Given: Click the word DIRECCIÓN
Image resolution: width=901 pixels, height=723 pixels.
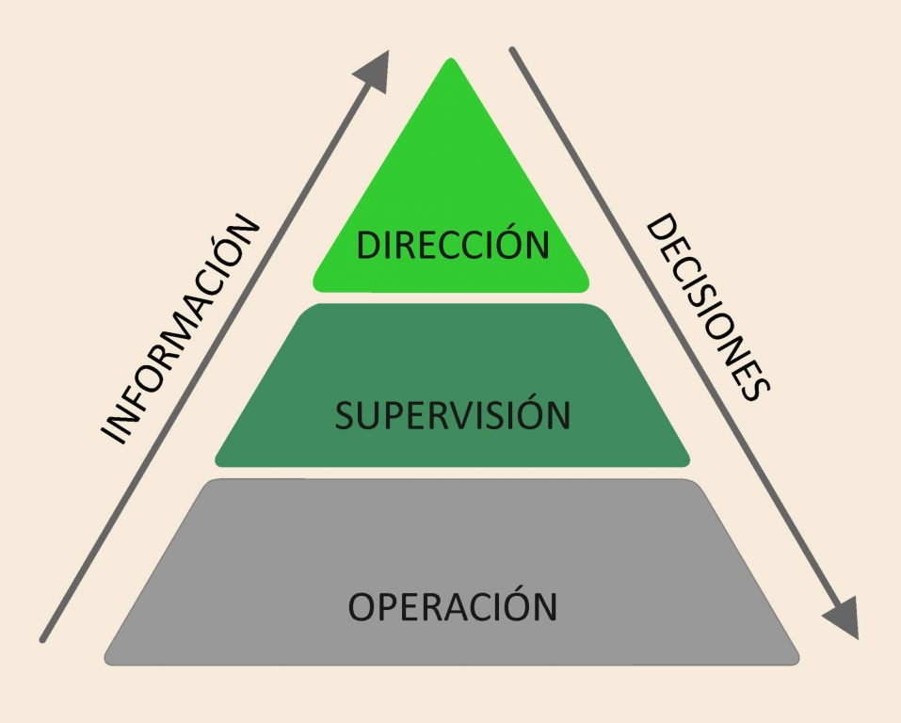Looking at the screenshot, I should (452, 245).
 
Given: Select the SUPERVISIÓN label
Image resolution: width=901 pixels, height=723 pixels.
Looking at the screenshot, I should (452, 415).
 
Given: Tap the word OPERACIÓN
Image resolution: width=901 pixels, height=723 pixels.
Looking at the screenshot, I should (452, 605).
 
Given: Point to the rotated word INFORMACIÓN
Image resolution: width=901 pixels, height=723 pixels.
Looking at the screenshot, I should (178, 329).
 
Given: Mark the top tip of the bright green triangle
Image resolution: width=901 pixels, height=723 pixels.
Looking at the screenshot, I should (452, 62).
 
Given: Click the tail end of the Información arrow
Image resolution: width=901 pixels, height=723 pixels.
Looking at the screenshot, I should (43, 639).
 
